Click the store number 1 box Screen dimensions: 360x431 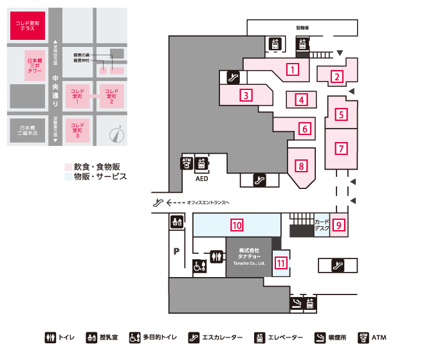pos(293,69)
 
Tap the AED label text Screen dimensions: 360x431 pos(201,180)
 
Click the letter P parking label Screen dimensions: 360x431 pos(175,252)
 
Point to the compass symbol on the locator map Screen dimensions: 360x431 pos(116,134)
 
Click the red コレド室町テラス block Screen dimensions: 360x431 pos(28,28)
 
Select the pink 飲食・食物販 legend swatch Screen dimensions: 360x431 pos(68,166)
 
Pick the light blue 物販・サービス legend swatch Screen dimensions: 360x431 pos(68,176)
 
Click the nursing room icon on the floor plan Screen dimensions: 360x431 pos(176,222)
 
